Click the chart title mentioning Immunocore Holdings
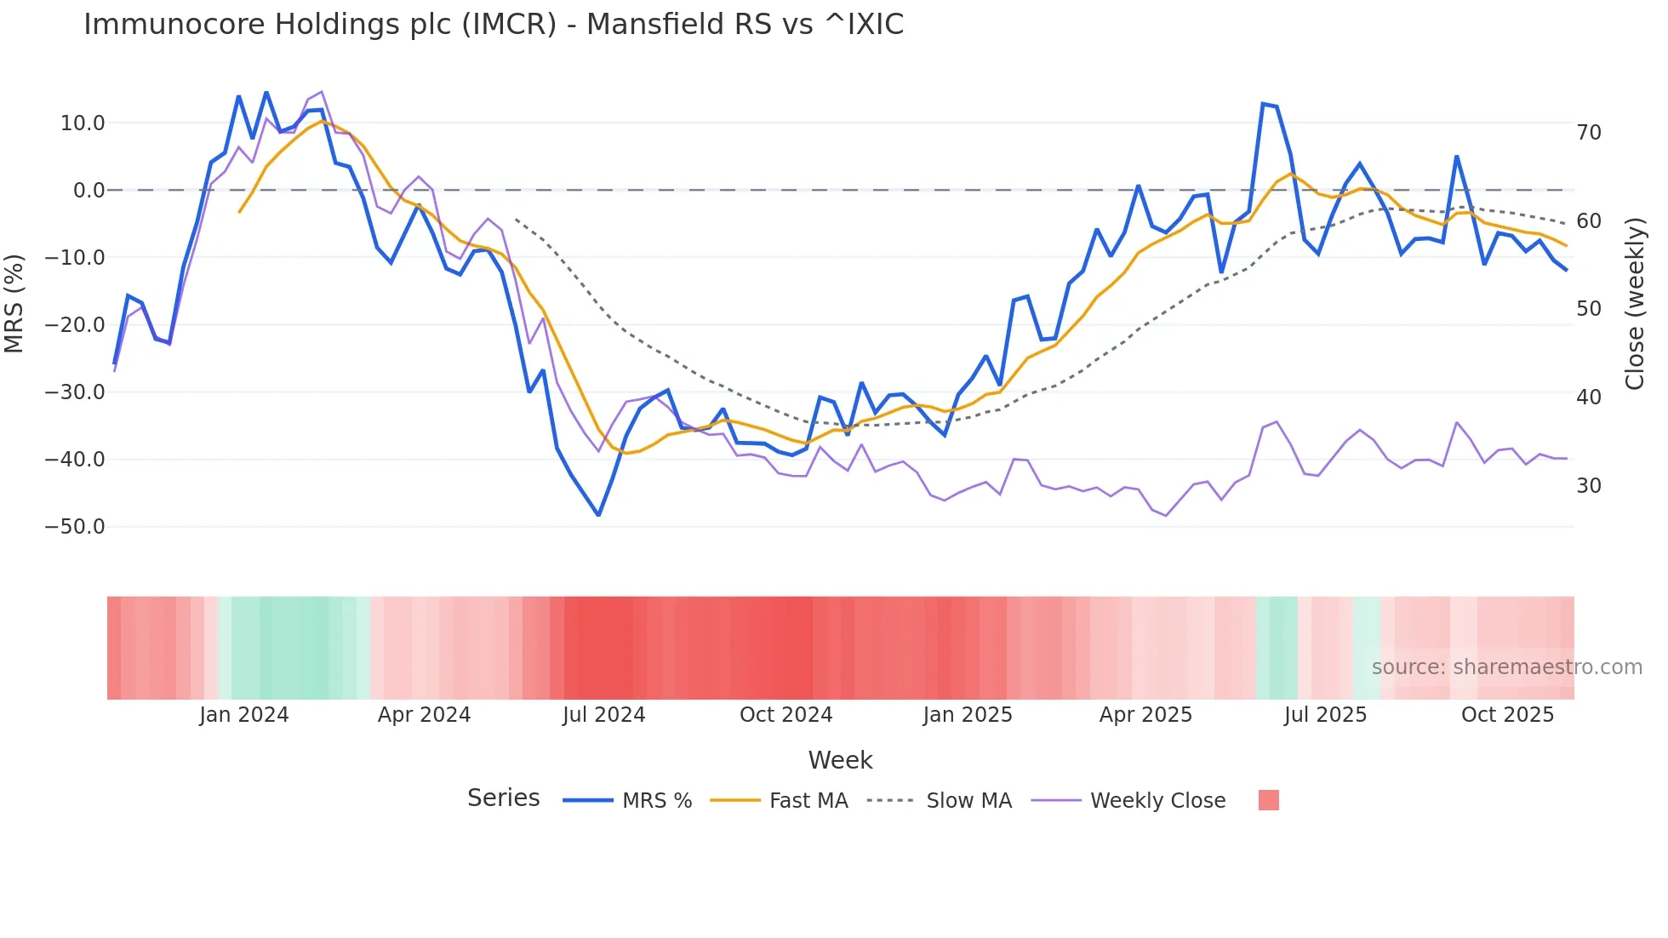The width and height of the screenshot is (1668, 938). (494, 25)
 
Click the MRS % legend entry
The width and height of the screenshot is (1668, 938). (656, 801)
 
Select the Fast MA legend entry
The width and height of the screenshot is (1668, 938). (808, 801)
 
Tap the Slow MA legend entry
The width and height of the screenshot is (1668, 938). (968, 801)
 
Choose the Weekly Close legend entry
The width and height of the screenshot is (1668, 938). (1157, 801)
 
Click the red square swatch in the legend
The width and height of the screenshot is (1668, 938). (1268, 800)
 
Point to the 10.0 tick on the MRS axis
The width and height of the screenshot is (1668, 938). (83, 123)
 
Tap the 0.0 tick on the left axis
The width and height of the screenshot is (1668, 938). (89, 191)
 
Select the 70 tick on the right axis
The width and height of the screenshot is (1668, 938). (1589, 133)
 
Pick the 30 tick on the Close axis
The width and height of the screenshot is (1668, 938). (1589, 486)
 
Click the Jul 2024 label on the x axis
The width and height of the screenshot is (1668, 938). (603, 715)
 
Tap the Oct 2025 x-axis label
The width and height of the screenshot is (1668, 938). (1507, 715)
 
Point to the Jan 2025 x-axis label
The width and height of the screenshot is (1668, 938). (968, 715)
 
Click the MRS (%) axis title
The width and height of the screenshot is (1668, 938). (14, 304)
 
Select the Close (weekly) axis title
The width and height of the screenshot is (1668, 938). (1635, 304)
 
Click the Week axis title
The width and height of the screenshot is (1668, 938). (840, 760)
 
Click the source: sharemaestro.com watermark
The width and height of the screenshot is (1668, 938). (1506, 667)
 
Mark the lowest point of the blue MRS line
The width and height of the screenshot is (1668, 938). (598, 515)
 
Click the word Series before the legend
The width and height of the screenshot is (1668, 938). (503, 798)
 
